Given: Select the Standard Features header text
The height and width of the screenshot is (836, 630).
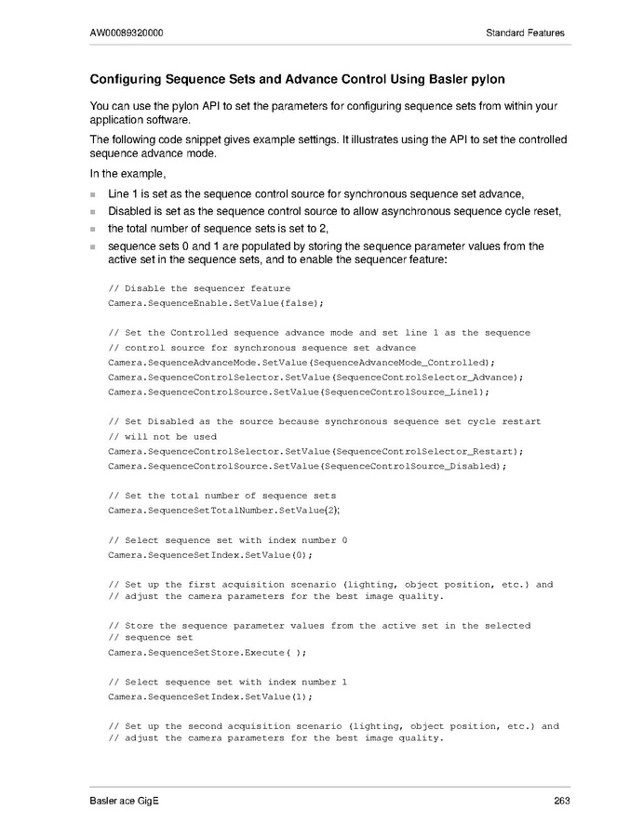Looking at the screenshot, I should [x=525, y=33].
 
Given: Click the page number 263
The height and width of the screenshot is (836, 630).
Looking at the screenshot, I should [x=560, y=801].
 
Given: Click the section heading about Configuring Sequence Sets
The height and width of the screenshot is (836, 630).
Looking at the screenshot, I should [x=298, y=79].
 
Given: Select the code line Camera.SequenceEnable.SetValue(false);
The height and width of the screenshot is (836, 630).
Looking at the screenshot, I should [x=216, y=302].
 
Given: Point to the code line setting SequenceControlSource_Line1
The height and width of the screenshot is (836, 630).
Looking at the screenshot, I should [x=299, y=391].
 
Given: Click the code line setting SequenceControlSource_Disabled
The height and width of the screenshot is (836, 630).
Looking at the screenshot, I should [x=306, y=465].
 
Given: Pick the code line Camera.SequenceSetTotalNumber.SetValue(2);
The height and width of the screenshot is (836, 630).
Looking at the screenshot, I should [x=224, y=510].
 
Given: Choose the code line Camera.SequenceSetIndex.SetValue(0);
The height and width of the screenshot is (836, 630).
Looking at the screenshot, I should [x=210, y=554].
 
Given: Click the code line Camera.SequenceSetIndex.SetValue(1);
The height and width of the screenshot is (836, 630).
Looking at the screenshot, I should [x=210, y=696].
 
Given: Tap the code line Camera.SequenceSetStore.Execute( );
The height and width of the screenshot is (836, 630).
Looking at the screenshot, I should [x=208, y=652].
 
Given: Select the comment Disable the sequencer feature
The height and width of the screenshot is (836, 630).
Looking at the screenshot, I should [x=200, y=288].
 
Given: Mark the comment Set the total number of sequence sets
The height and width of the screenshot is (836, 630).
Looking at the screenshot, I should [x=222, y=495].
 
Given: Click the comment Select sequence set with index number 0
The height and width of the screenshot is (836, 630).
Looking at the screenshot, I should [x=228, y=540].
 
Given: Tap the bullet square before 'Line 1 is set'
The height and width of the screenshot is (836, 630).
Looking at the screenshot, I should [x=93, y=194].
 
